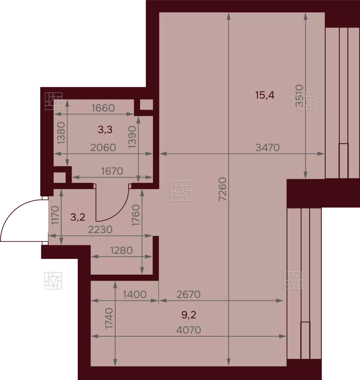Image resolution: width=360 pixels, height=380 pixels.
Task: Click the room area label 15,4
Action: pos(265,95)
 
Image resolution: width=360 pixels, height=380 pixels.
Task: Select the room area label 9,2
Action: pos(189,315)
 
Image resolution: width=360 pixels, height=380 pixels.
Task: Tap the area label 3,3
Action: pos(105,130)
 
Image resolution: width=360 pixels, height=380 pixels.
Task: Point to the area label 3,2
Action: pos(78,217)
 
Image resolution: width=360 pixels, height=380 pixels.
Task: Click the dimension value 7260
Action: pos(222,189)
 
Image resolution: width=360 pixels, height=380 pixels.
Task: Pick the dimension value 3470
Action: pos(267,147)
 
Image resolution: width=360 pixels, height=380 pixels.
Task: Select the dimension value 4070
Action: pos(189,330)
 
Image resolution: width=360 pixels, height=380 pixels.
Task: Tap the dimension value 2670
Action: pos(189,294)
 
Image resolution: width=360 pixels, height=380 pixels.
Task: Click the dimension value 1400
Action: pos(135,294)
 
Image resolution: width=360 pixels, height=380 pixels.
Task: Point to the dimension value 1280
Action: pos(121,250)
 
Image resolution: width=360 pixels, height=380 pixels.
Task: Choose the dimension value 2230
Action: pos(100,230)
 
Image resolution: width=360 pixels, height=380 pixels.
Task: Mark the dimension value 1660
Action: pos(103,108)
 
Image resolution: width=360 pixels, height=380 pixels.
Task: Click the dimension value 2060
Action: pos(103,147)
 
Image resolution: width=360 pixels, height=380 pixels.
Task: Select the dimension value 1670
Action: pos(112,172)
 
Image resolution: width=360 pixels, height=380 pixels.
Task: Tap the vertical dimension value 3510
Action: pos(299,95)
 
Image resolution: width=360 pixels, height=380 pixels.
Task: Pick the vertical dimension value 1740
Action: pos(109,318)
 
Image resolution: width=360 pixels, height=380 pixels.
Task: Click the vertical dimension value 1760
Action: pos(136,215)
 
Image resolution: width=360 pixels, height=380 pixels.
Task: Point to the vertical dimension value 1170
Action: pos(55,215)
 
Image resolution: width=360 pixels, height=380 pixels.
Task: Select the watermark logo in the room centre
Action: pos(180,191)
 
